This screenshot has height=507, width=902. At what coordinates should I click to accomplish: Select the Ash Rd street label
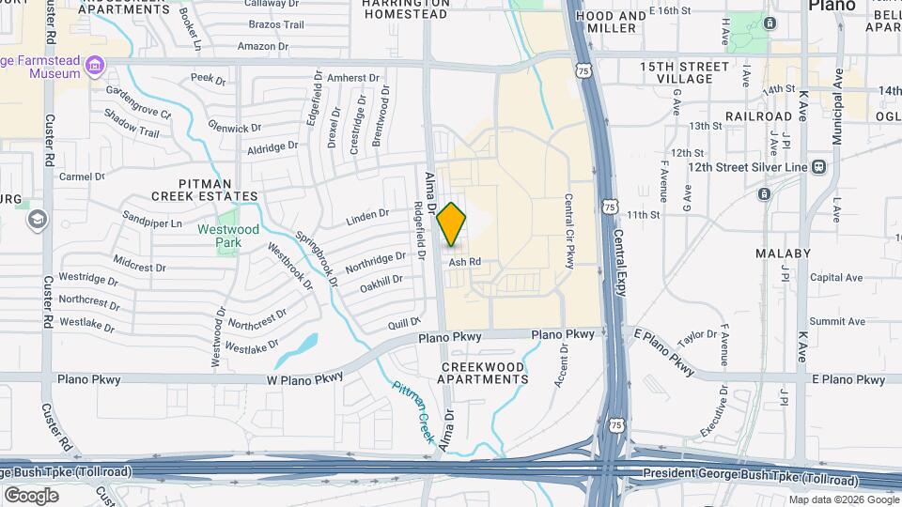(x=464, y=262)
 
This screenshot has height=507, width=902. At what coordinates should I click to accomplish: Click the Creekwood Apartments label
(x=483, y=372)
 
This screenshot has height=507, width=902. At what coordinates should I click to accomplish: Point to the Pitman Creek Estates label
(x=205, y=189)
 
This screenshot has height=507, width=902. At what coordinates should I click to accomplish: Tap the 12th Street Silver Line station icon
(x=818, y=167)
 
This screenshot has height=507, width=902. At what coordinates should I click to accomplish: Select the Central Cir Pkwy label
(x=569, y=231)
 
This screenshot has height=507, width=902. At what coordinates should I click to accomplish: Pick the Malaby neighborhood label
(x=783, y=253)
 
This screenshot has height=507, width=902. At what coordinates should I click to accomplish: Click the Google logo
(x=31, y=495)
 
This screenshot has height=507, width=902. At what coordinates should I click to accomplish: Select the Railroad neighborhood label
(x=758, y=116)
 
